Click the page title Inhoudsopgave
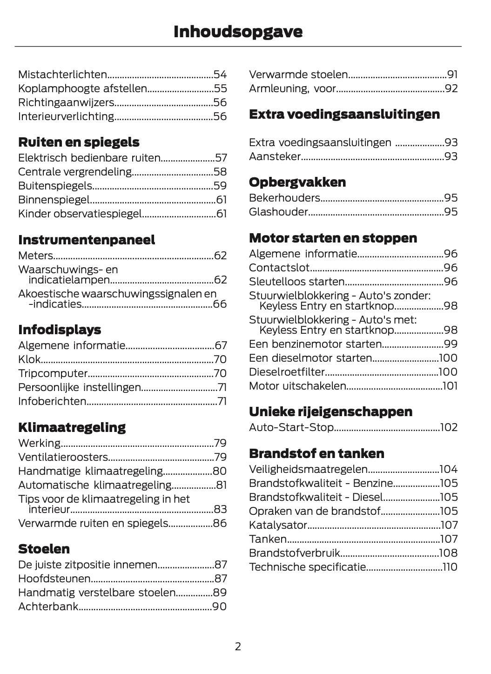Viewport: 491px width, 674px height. tap(238, 32)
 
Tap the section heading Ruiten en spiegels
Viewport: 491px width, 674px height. tap(79, 142)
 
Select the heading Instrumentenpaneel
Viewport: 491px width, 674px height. tap(87, 240)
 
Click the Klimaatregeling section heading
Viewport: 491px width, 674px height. tap(72, 427)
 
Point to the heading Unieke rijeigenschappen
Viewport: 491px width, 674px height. tap(330, 411)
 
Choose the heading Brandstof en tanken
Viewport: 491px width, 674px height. tap(316, 453)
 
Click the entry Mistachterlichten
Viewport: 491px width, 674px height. tap(62, 74)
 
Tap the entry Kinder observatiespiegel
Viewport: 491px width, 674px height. tap(80, 214)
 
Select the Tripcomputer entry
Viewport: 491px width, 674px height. tap(53, 373)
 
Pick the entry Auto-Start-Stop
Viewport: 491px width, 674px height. tap(291, 427)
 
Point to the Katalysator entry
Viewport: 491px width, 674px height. tap(278, 525)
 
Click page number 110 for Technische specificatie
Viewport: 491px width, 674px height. tap(450, 567)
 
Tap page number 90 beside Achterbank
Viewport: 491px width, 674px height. tap(219, 607)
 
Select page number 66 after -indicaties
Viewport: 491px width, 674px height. tap(220, 304)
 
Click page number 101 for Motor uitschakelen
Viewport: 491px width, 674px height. tap(450, 386)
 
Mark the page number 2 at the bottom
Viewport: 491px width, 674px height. tap(238, 647)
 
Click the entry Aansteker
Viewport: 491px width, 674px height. tap(275, 156)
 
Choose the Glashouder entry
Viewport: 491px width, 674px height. tap(278, 212)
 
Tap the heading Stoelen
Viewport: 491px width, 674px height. tap(44, 549)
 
